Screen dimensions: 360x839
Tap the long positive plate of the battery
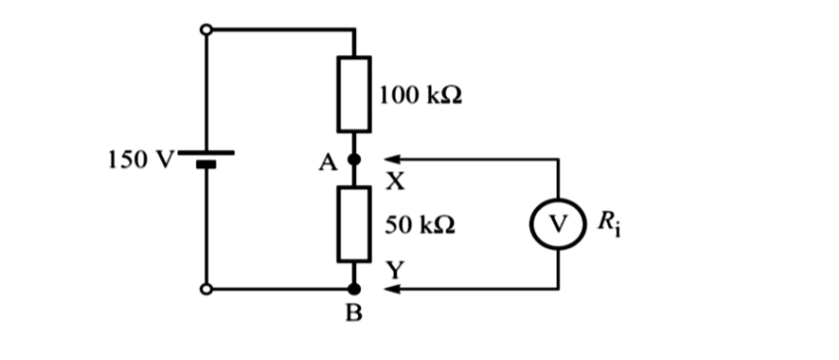click(206, 153)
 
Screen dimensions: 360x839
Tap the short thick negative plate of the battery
click(206, 165)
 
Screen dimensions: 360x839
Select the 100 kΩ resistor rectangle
click(355, 96)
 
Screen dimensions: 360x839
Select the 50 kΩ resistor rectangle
click(355, 224)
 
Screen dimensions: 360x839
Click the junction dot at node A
click(355, 158)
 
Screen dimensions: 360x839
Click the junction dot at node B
click(355, 290)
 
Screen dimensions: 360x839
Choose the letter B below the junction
click(355, 316)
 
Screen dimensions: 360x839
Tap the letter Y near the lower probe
click(393, 268)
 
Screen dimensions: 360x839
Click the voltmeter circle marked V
click(559, 224)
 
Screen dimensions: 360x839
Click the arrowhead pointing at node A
click(392, 158)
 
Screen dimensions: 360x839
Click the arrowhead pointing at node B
click(392, 290)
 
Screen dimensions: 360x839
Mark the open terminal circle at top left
click(206, 30)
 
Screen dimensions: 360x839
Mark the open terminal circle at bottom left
click(206, 290)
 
